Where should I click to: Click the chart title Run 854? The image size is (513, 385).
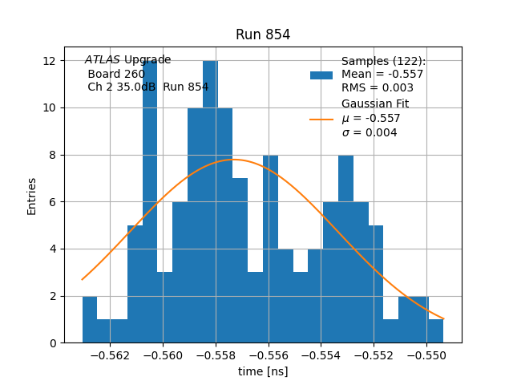(263, 34)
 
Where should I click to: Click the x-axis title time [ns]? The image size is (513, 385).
(263, 371)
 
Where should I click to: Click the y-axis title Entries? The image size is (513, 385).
(32, 196)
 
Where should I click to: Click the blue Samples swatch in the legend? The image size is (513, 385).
(321, 75)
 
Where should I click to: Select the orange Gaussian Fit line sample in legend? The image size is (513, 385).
(321, 119)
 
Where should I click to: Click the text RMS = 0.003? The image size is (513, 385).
(378, 88)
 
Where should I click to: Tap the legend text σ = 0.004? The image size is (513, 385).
(370, 133)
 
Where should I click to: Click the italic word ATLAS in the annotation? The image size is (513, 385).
(103, 60)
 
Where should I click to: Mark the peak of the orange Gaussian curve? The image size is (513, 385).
(234, 159)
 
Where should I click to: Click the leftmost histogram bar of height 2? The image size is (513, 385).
(89, 320)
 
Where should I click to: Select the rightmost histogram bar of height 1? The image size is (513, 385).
(435, 331)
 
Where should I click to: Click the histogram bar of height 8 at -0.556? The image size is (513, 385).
(270, 249)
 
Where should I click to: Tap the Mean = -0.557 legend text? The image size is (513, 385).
(382, 75)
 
